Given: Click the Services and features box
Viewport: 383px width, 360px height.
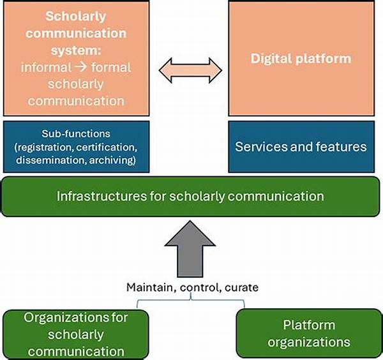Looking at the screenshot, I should tap(301, 146).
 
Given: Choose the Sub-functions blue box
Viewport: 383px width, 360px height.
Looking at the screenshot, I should tap(77, 146).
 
